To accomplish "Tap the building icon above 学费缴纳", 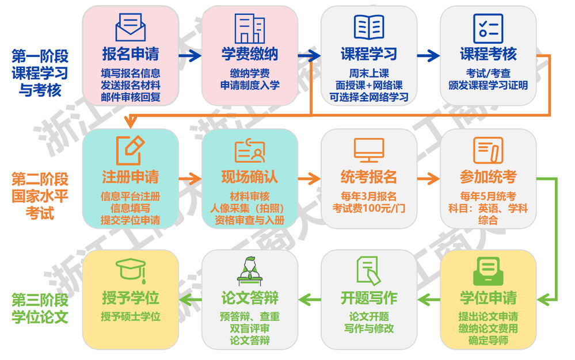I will point(249,27).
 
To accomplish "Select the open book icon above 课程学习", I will point(369,27).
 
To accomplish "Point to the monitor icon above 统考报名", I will point(369,150).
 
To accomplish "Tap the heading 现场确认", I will point(249,177).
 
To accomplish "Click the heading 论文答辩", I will point(249,298).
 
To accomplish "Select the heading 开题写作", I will point(369,298).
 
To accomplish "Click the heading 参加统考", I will point(488,177).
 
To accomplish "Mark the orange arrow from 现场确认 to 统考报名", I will point(309,178).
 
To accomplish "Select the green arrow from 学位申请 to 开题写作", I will point(428,298).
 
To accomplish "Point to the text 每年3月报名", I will point(369,196).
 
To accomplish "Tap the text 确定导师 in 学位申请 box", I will point(488,341).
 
